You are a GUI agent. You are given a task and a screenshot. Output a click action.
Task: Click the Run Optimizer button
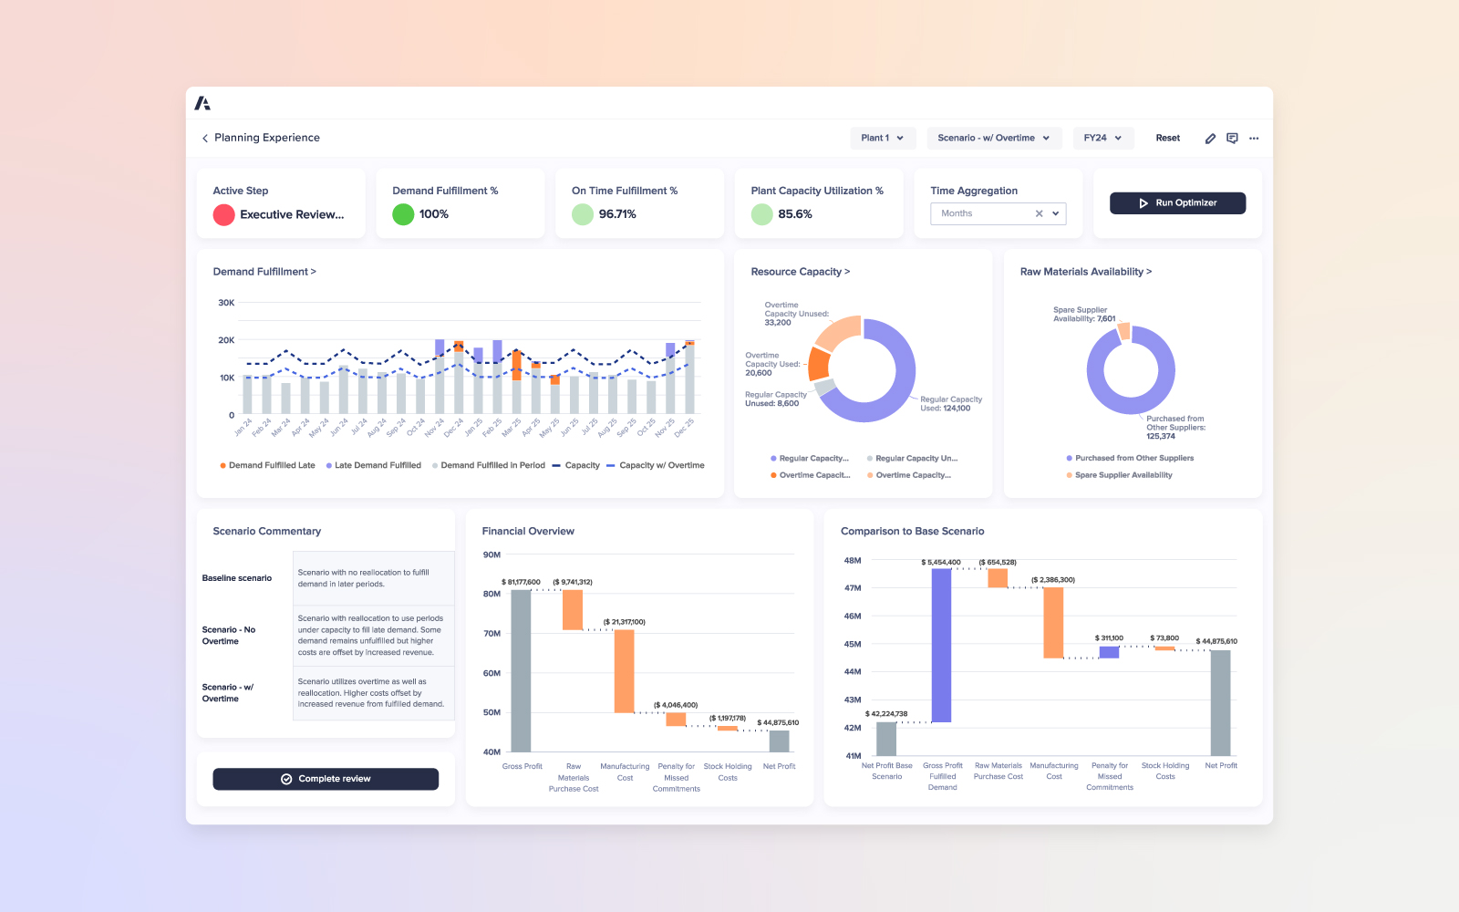click(1177, 203)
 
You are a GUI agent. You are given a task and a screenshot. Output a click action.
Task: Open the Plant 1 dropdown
click(882, 138)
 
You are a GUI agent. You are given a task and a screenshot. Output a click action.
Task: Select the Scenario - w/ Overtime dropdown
click(993, 138)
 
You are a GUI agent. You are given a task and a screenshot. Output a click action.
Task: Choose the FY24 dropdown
click(1102, 138)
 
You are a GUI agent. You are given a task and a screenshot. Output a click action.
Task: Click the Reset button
click(1167, 138)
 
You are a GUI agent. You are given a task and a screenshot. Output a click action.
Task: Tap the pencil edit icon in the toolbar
click(1210, 139)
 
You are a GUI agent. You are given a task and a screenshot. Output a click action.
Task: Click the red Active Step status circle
click(223, 214)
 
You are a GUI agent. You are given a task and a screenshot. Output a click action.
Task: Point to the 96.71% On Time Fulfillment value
click(617, 214)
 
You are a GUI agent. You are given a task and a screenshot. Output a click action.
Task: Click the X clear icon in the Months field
click(1039, 213)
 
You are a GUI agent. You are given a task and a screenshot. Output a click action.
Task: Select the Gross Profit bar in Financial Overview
click(521, 670)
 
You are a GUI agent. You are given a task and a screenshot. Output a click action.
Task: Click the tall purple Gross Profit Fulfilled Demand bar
click(941, 645)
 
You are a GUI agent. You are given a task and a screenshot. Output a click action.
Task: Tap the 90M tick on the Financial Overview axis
click(492, 554)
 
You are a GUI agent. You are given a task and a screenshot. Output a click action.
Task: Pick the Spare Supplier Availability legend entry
click(1123, 475)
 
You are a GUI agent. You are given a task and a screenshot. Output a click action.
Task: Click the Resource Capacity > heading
click(800, 272)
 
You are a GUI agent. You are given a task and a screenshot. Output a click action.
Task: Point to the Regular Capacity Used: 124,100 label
click(950, 404)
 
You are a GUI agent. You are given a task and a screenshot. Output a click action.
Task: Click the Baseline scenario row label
click(237, 578)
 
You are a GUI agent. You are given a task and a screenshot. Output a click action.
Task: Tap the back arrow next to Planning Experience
click(205, 139)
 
